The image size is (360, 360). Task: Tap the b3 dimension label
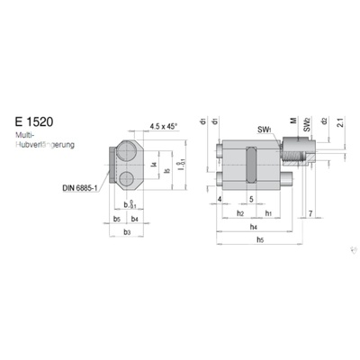(128, 232)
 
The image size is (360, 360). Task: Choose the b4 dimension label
(135, 217)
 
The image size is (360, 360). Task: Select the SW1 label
(264, 130)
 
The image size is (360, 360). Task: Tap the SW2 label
(307, 122)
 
